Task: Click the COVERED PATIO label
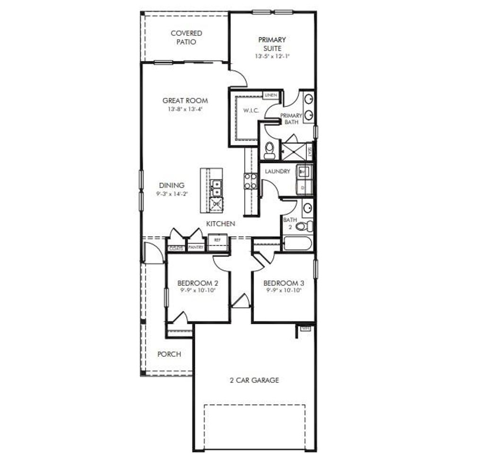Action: pyautogui.click(x=186, y=38)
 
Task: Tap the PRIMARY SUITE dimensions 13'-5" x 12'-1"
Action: pyautogui.click(x=272, y=56)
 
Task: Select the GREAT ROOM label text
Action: pyautogui.click(x=185, y=101)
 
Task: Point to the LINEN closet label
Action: pyautogui.click(x=270, y=95)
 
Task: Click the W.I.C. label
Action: pyautogui.click(x=250, y=111)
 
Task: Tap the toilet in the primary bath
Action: pyautogui.click(x=269, y=150)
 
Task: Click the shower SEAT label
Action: pyautogui.click(x=309, y=152)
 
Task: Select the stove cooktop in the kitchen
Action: pyautogui.click(x=251, y=181)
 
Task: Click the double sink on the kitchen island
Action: pyautogui.click(x=217, y=188)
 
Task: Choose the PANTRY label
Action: pyautogui.click(x=196, y=247)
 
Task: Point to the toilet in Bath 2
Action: pyautogui.click(x=304, y=226)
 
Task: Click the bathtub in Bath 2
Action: pyautogui.click(x=297, y=244)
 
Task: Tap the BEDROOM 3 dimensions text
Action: pyautogui.click(x=284, y=291)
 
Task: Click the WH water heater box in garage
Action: pyautogui.click(x=305, y=328)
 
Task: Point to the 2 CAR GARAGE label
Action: pyautogui.click(x=254, y=380)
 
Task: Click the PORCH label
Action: pyautogui.click(x=169, y=354)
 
